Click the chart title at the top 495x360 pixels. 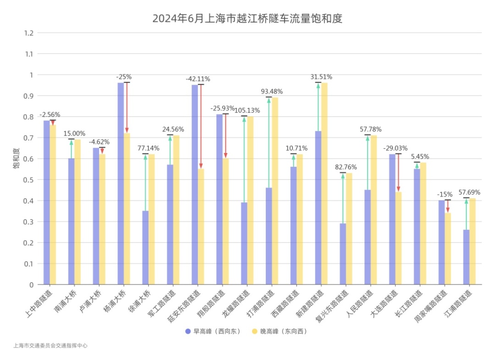click(x=247, y=19)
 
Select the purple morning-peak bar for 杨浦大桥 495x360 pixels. click(x=121, y=183)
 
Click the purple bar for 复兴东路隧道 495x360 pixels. click(x=343, y=254)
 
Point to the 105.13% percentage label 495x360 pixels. click(x=247, y=110)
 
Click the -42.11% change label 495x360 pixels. click(x=198, y=79)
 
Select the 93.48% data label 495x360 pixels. click(x=272, y=91)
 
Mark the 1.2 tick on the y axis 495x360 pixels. click(x=29, y=33)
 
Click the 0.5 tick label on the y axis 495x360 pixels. click(x=29, y=180)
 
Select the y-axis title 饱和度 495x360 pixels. click(x=16, y=158)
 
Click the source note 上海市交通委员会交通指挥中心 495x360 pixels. click(x=50, y=346)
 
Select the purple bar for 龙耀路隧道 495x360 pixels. click(x=244, y=243)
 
